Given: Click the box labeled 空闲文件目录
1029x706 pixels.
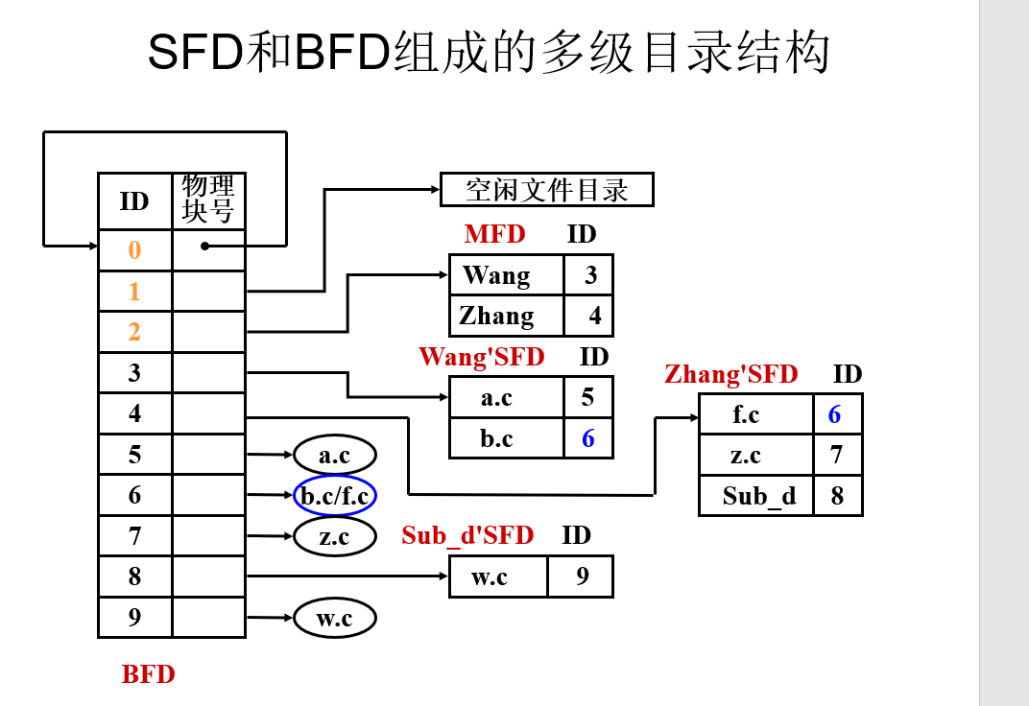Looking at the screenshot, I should (546, 190).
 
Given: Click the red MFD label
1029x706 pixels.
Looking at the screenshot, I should (494, 234).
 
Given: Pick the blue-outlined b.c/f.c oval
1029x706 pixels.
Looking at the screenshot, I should (334, 496).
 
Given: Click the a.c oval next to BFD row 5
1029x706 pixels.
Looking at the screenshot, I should (334, 455).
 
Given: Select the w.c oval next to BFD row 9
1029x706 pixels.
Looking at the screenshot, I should (334, 619).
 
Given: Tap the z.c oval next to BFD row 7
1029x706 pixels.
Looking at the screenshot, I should (334, 536).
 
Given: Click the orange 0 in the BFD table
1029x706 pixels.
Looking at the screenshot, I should (134, 250).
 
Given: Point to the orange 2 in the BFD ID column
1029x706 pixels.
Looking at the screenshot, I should (134, 332).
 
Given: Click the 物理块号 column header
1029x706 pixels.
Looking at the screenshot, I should (208, 200).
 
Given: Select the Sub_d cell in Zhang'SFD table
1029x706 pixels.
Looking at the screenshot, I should (758, 496).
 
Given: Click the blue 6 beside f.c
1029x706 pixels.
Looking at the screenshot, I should (834, 414).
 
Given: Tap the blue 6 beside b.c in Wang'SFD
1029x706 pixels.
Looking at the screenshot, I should (587, 438).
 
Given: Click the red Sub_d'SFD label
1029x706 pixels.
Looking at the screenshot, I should (467, 535).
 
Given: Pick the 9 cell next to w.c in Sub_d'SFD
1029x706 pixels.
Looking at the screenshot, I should (582, 577).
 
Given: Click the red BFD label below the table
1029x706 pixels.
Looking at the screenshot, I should (149, 674).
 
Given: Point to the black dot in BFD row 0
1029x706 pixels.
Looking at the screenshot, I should (204, 246).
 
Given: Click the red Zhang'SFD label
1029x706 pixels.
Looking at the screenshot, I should (730, 374).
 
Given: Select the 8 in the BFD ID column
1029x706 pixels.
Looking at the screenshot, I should (134, 577).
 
